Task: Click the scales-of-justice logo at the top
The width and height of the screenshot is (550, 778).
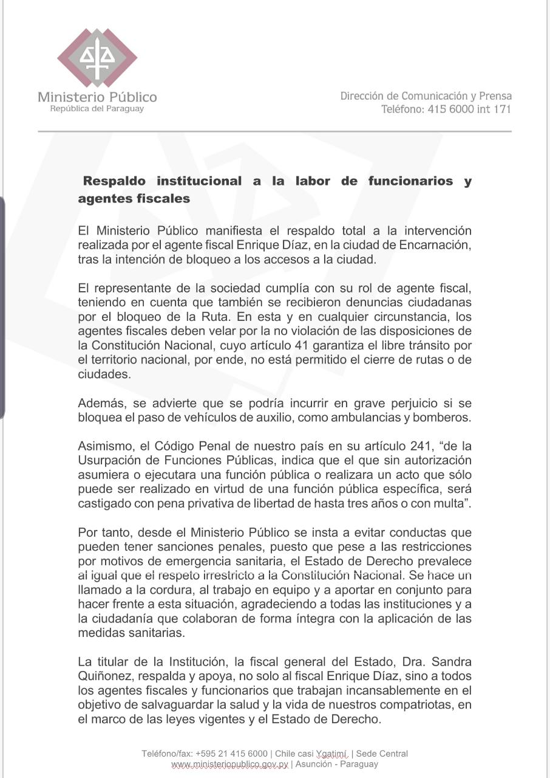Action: [x=97, y=58]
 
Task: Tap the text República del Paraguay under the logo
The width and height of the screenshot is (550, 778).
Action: [x=97, y=109]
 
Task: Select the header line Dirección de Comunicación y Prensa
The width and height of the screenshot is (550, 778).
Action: [x=426, y=96]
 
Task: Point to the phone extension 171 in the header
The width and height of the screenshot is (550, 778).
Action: [x=502, y=109]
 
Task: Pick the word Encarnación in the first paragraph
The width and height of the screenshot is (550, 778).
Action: [x=436, y=245]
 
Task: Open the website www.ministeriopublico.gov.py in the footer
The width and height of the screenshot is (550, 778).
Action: [x=229, y=764]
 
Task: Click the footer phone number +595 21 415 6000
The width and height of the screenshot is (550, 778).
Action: [x=231, y=754]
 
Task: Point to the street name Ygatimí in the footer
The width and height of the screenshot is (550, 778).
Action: [x=331, y=754]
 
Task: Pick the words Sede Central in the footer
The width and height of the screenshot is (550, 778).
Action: [x=382, y=754]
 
